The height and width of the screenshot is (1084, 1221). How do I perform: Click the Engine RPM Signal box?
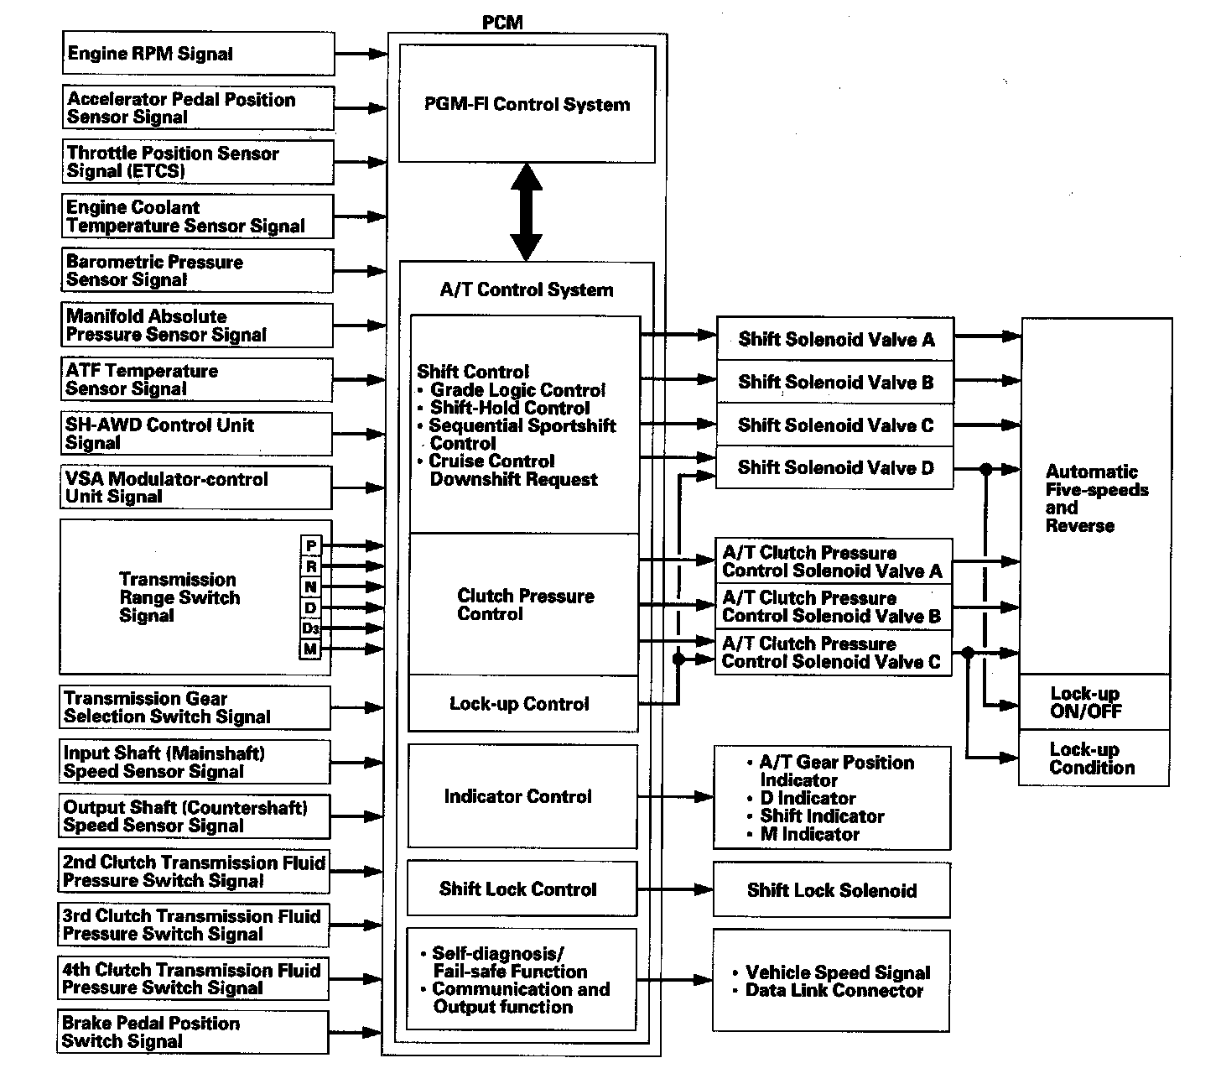click(198, 55)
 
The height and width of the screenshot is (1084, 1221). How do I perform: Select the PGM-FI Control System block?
click(527, 104)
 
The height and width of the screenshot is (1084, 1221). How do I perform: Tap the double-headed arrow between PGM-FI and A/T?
click(527, 212)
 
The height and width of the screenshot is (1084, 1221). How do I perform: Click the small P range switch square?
click(311, 546)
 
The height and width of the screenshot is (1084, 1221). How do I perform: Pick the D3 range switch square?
click(311, 628)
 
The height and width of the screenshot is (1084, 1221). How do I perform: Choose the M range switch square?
click(311, 649)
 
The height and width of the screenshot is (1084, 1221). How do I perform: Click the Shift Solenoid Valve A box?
click(835, 340)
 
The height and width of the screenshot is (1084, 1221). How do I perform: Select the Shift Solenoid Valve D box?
click(835, 468)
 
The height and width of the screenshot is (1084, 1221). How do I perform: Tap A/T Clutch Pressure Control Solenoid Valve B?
click(834, 607)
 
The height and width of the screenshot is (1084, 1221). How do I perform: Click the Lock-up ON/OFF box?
click(1094, 703)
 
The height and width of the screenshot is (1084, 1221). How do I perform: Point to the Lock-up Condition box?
click(1094, 758)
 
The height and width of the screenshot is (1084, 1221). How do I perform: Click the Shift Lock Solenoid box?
click(831, 890)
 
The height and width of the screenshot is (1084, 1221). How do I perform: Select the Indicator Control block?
click(522, 796)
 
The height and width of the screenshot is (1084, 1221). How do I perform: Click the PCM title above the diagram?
click(502, 23)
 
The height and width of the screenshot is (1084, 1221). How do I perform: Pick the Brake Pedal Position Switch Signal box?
click(193, 1032)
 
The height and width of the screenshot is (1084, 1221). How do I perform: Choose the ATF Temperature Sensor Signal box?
click(197, 380)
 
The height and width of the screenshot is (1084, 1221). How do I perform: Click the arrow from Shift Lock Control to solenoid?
click(674, 889)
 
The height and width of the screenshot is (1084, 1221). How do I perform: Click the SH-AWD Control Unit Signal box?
click(197, 434)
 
